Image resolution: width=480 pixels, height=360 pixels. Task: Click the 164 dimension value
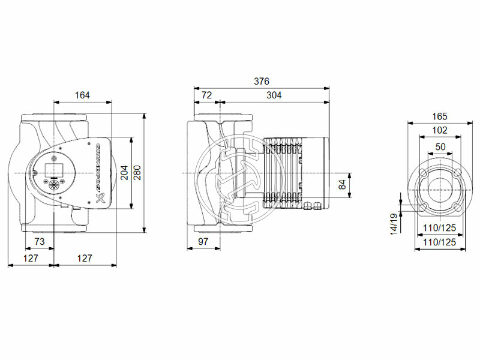pyautogui.click(x=83, y=95)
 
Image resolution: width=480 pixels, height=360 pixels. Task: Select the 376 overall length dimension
pyautogui.click(x=261, y=82)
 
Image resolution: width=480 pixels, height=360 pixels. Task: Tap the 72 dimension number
pyautogui.click(x=206, y=95)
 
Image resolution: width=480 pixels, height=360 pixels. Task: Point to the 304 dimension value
pyautogui.click(x=274, y=95)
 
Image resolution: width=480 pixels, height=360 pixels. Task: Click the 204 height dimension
pyautogui.click(x=124, y=173)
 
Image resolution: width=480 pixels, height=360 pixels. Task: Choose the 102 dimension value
pyautogui.click(x=440, y=130)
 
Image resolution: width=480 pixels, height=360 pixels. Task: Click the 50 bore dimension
pyautogui.click(x=440, y=146)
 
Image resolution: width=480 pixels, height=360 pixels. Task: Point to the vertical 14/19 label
pyautogui.click(x=393, y=224)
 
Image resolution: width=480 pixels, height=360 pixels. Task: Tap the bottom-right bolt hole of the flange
pyautogui.click(x=457, y=207)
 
